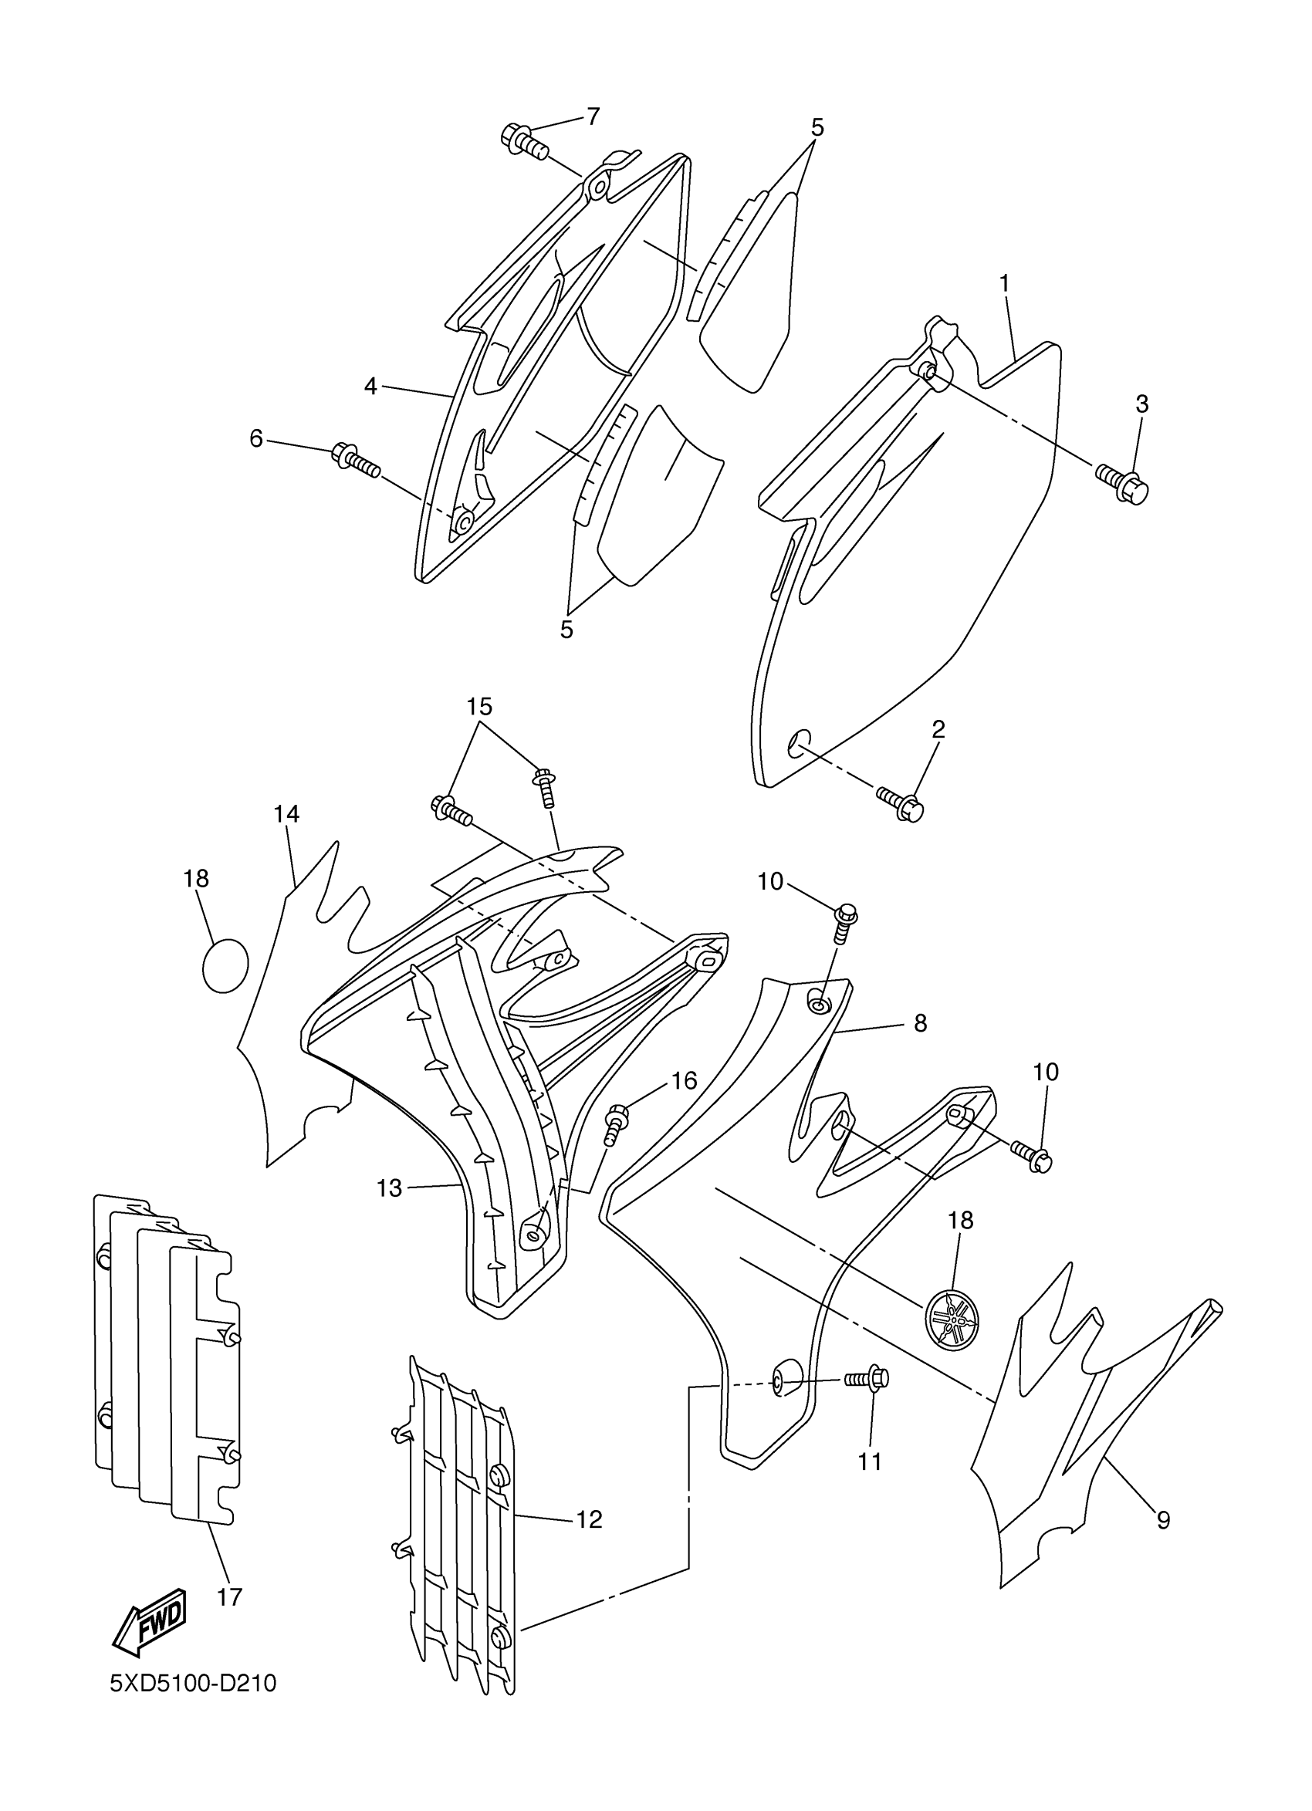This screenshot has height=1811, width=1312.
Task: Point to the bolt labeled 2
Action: (901, 804)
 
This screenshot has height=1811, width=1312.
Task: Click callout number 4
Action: (370, 387)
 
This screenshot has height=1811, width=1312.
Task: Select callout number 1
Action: (1005, 282)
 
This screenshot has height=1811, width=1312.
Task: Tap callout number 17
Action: (229, 1597)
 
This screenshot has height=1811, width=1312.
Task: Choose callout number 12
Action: (590, 1519)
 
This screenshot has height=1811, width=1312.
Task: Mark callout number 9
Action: (1163, 1520)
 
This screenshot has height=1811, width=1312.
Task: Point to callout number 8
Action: (920, 1023)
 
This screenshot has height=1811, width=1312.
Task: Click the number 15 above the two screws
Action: (480, 706)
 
